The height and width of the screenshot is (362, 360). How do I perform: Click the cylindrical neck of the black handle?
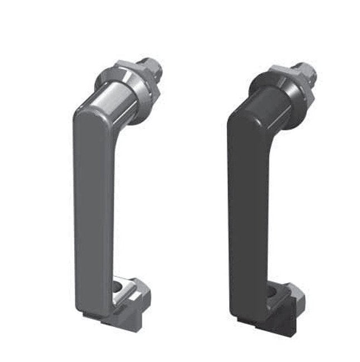(x=270, y=106)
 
